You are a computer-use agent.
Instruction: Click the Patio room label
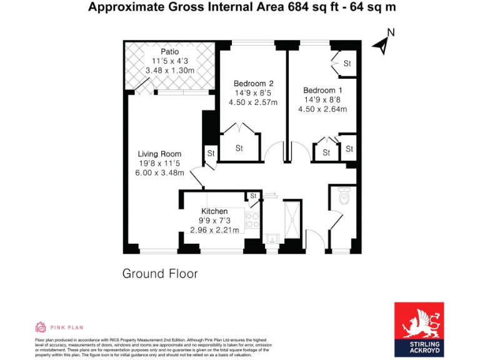pyautogui.click(x=170, y=51)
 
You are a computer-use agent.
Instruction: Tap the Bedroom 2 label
pyautogui.click(x=253, y=83)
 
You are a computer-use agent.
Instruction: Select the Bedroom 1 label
pyautogui.click(x=322, y=89)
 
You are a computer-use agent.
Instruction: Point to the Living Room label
pyautogui.click(x=160, y=154)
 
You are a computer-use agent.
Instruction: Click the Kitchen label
pyautogui.click(x=214, y=211)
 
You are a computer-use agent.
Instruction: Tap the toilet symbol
pyautogui.click(x=343, y=197)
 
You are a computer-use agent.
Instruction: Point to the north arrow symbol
pyautogui.click(x=381, y=44)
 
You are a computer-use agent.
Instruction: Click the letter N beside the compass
pyautogui.click(x=391, y=32)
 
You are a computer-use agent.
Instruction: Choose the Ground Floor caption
pyautogui.click(x=160, y=274)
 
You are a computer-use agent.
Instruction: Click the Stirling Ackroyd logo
pyautogui.click(x=419, y=329)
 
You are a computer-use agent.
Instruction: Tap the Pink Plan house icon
pyautogui.click(x=41, y=326)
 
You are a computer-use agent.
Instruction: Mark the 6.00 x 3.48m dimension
pyautogui.click(x=160, y=172)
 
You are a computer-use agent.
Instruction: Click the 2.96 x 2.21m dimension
pyautogui.click(x=214, y=230)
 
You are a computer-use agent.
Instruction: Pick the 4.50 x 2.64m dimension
pyautogui.click(x=322, y=109)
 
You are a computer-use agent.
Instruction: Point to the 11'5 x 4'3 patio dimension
pyautogui.click(x=170, y=61)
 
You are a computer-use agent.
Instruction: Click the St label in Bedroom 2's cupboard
pyautogui.click(x=239, y=149)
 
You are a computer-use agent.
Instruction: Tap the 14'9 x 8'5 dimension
pyautogui.click(x=253, y=93)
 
